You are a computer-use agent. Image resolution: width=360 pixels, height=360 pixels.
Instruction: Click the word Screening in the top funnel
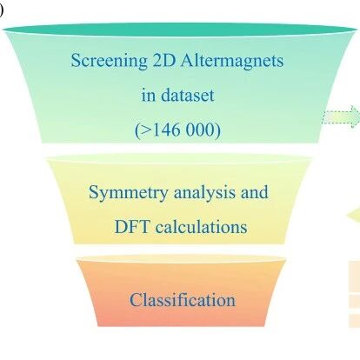[109, 62]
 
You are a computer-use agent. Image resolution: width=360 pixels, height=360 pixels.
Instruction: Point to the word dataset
[188, 95]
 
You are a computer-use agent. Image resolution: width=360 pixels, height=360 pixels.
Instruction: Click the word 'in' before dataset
[149, 96]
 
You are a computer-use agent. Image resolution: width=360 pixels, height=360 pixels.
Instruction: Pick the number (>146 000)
[177, 130]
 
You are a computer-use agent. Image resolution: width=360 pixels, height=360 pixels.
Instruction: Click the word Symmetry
[128, 193]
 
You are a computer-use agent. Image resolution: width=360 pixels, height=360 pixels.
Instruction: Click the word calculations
[202, 227]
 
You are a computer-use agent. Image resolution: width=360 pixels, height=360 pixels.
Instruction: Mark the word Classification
[183, 300]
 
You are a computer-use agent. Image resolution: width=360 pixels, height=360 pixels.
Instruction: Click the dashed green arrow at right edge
[341, 117]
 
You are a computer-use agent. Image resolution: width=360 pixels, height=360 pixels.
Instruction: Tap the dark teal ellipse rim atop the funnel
[180, 30]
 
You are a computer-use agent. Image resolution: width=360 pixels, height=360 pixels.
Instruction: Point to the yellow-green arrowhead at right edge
[354, 215]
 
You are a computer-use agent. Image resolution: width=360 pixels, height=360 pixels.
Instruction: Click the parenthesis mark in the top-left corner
[1, 10]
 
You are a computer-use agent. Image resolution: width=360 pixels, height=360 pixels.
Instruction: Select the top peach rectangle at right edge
[354, 276]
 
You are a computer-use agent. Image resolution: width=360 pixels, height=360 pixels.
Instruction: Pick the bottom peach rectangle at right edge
[354, 320]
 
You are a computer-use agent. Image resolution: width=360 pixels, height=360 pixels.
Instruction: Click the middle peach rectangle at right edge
[354, 301]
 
